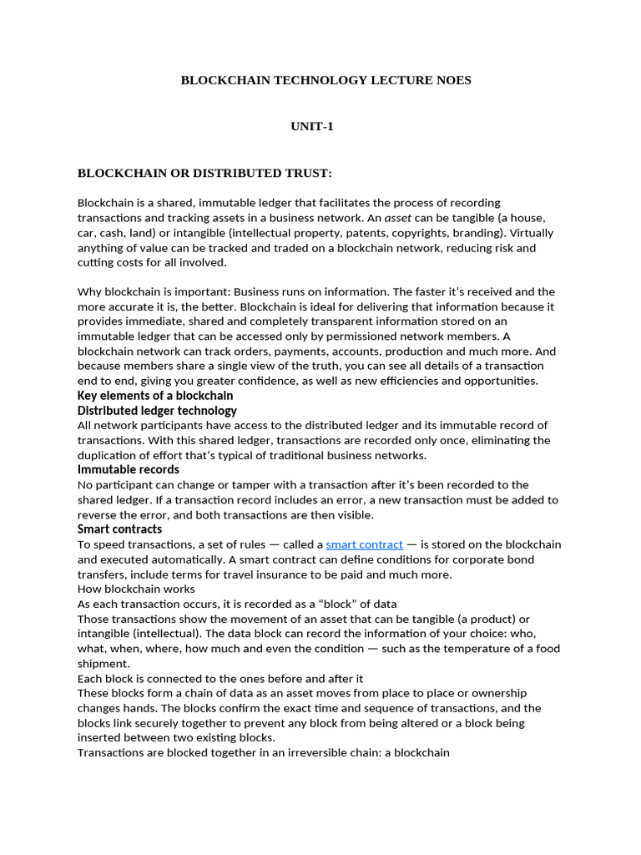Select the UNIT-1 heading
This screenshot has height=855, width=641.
coord(312,126)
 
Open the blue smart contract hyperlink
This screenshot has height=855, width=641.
coord(365,544)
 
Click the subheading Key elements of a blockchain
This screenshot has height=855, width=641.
coord(155,396)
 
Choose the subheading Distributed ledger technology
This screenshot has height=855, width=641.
coord(157,411)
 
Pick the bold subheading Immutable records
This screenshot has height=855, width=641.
coord(129,470)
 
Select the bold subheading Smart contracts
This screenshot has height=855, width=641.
coord(120,529)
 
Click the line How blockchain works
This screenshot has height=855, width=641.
coord(136,589)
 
